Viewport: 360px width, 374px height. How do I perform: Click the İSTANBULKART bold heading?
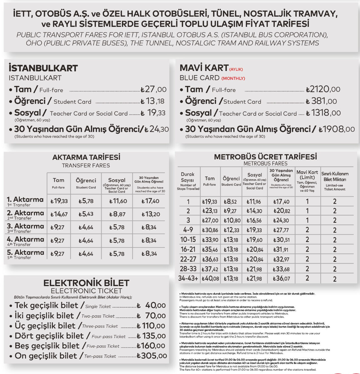[x=43, y=68]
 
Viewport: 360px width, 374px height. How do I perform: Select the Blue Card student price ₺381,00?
[x=321, y=101]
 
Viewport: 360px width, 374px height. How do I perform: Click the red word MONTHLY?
[x=233, y=78]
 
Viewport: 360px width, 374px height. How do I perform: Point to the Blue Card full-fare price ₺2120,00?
[x=323, y=89]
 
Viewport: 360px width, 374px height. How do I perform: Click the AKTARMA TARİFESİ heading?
[x=86, y=157]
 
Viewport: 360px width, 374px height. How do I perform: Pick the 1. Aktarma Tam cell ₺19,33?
[x=59, y=201]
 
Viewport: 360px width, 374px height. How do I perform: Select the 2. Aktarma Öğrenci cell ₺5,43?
[x=86, y=214]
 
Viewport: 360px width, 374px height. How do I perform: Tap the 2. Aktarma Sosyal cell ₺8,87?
[x=117, y=214]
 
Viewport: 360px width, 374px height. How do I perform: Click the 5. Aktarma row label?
[x=25, y=253]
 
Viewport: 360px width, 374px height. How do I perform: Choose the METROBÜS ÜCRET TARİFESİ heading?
[x=265, y=157]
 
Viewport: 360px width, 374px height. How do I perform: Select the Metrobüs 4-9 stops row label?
[x=188, y=230]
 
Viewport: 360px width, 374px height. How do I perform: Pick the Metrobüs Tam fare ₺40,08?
[x=210, y=278]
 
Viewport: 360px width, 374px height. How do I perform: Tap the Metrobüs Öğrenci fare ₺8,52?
[x=230, y=202]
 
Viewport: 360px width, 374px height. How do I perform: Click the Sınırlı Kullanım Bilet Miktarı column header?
[x=335, y=181]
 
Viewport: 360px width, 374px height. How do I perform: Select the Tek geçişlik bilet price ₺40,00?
[x=151, y=305]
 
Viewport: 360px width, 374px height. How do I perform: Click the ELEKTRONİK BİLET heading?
[x=86, y=283]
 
